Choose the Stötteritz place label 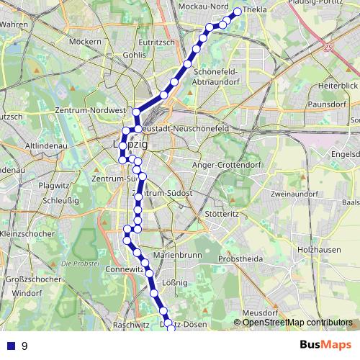coord(221,214)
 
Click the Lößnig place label coord(175,282)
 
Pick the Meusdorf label coord(260,313)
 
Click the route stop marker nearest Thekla coord(237,12)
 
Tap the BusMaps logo coord(323,346)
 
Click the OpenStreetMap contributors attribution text coord(297,323)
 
